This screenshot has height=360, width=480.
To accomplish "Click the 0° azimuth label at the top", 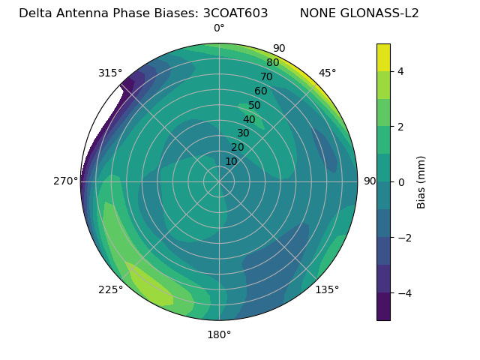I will coord(219,28).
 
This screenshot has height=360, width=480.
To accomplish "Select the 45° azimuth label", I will coord(328,73).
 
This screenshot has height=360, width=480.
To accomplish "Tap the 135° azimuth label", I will coord(327,289).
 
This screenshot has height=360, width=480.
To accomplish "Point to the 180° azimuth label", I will coord(219,334).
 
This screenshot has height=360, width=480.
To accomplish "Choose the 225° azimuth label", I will coord(110,289).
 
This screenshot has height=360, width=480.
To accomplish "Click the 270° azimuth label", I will coord(65,181).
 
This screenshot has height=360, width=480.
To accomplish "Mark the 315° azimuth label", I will coord(110,73).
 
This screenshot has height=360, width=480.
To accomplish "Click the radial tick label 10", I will coord(231,161).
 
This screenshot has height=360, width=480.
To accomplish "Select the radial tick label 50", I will coord(254,105).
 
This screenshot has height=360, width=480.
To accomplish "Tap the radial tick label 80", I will coord(272,62).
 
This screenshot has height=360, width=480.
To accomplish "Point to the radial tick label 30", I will coord(243,133).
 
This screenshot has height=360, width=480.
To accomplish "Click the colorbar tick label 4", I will coord(400,71).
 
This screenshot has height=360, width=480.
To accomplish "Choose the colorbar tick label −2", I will coord(403,238).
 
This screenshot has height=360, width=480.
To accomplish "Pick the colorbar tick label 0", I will coord(400,182).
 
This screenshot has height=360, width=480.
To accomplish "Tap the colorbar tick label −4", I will coord(403,293).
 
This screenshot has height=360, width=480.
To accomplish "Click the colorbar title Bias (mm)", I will coord(421,182).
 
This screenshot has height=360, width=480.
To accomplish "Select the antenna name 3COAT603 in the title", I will coord(235,13).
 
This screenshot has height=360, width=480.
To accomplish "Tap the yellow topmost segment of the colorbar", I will coord(383,57).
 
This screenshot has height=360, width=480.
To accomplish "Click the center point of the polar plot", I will coord(219,181).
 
